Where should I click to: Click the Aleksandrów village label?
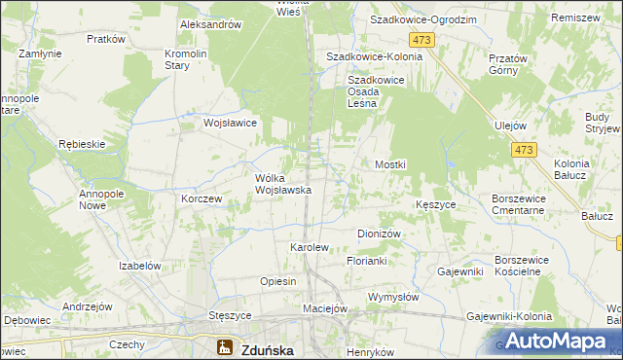coord(210,25)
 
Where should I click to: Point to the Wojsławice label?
coord(229,124)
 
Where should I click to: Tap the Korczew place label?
coord(202,198)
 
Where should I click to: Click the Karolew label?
coord(310,247)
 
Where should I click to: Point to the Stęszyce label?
coord(231,316)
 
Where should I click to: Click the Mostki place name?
coord(390,165)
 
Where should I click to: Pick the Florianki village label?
coord(367,262)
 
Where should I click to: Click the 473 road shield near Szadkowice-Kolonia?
coord(421,39)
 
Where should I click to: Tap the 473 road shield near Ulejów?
coord(524,149)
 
